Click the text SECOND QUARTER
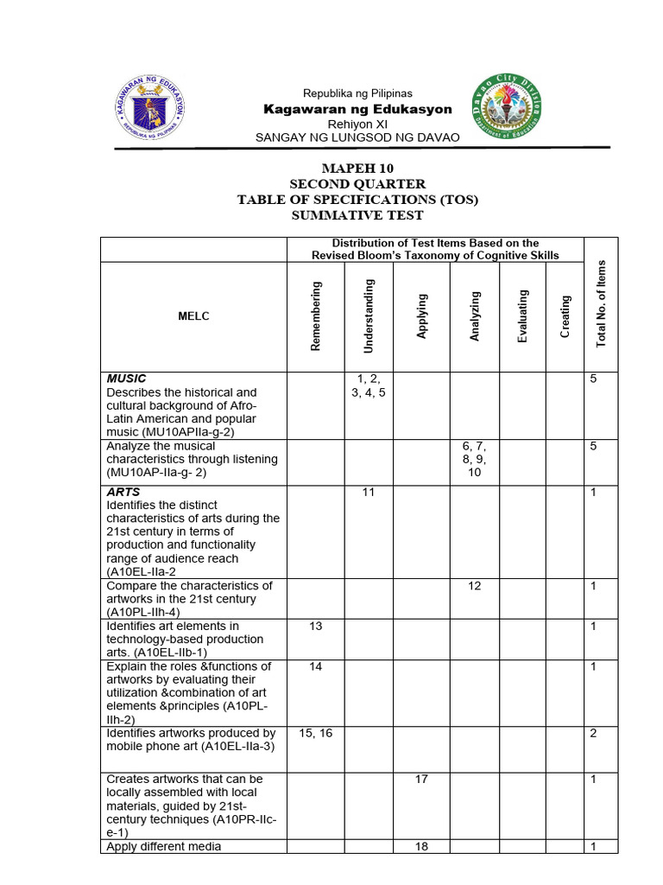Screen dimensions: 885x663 click(357, 184)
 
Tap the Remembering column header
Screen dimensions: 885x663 click(316, 316)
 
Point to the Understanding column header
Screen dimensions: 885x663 click(369, 316)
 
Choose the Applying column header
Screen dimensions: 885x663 click(422, 316)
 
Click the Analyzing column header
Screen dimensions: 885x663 click(475, 316)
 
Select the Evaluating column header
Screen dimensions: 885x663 click(522, 316)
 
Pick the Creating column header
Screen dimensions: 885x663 click(565, 316)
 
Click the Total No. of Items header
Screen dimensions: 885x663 click(602, 304)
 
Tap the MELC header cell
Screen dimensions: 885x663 click(194, 316)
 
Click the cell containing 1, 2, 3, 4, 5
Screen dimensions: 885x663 click(369, 385)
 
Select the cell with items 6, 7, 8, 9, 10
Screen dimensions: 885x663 click(475, 460)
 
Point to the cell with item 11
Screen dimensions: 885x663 click(369, 492)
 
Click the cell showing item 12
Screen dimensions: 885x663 click(475, 586)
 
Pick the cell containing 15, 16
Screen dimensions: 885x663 click(316, 733)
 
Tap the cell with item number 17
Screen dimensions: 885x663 click(422, 779)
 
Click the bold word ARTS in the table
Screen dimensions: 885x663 click(123, 492)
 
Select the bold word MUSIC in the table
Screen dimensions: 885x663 click(126, 379)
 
